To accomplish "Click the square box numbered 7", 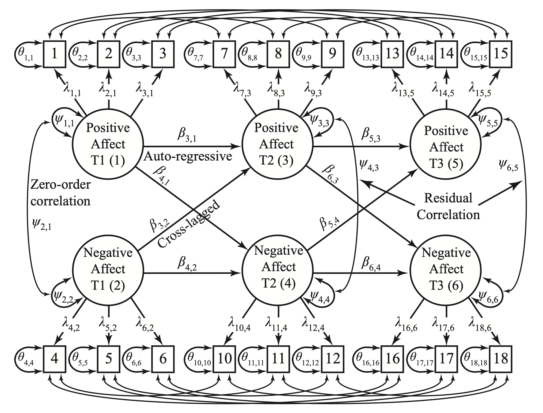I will pos(224,53).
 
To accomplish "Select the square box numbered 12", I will pos(333,358).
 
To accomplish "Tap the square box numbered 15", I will pos(501,53).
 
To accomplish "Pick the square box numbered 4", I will pos(55,358).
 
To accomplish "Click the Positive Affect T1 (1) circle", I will pos(108,144).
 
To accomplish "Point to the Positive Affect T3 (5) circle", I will pos(446,147).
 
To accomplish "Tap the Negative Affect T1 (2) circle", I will pos(108,269).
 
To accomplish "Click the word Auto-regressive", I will pos(188,156).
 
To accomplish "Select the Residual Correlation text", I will pos(448,206).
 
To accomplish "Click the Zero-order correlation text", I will pos(60,193).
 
